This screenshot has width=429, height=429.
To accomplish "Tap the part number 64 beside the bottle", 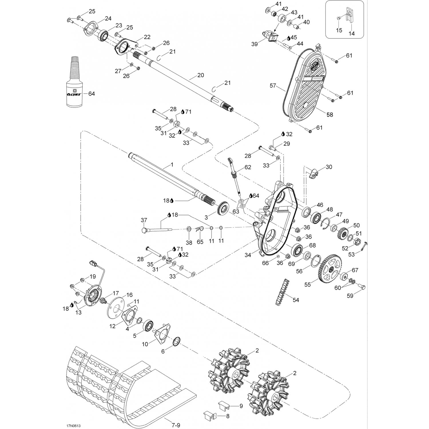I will [x=92, y=94].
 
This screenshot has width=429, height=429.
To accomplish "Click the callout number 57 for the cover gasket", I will [x=273, y=85].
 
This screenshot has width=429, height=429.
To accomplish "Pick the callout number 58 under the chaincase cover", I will [x=330, y=114].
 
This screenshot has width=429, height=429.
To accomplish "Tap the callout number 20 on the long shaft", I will [x=201, y=75].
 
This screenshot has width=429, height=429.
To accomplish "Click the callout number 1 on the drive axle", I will [x=172, y=164].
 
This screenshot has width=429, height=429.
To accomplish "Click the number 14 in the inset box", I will [x=352, y=33].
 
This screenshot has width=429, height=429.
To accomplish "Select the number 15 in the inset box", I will [x=339, y=30].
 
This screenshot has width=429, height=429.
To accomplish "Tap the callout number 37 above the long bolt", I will [x=144, y=220].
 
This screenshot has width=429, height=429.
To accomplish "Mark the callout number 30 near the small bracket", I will [x=329, y=167].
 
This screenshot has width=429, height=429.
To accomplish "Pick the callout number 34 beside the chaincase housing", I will [x=248, y=255].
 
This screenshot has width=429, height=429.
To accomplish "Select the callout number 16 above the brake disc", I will [x=129, y=295].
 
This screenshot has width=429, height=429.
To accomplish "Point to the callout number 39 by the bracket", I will [x=254, y=44].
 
